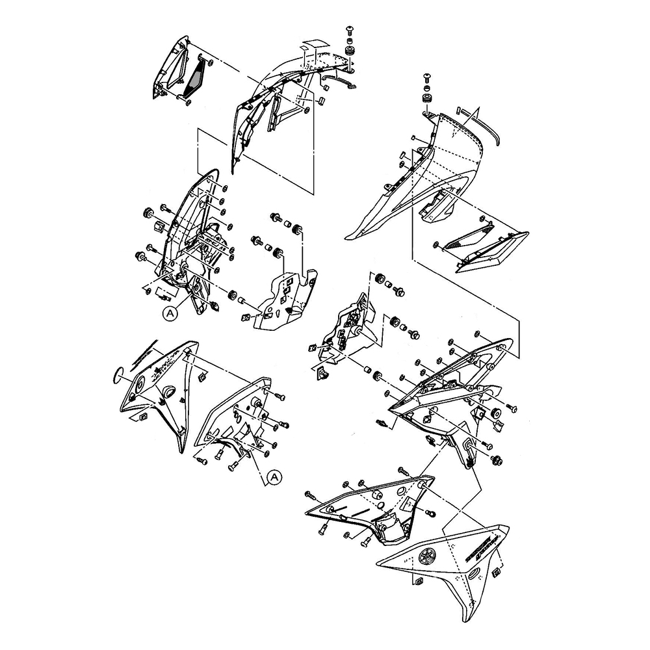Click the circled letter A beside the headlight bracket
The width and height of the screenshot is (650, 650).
tap(170, 313)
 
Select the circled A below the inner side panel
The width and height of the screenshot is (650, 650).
tap(275, 477)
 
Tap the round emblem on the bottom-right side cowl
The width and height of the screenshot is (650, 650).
tap(427, 556)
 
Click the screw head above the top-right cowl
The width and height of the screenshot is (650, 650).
tap(428, 79)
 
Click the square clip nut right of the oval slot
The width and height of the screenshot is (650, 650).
tap(497, 572)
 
